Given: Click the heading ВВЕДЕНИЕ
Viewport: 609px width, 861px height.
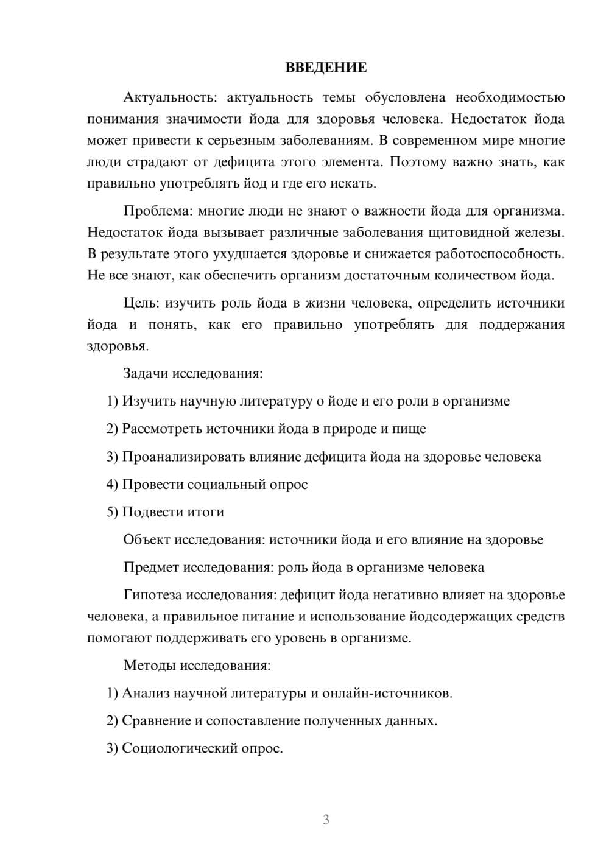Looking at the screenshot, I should coord(326,68).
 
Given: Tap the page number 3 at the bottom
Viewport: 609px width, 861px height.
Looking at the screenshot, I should coord(326,820).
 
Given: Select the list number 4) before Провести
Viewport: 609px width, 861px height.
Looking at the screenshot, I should coord(112,485).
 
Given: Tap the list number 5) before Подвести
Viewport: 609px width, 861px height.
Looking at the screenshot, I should coord(112,512).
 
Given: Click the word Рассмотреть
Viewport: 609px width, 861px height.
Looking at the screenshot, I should coord(162,429).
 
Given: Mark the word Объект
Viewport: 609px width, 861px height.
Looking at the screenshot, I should coord(147,539).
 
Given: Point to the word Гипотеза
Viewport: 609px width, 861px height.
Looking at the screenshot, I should coord(152,595).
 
